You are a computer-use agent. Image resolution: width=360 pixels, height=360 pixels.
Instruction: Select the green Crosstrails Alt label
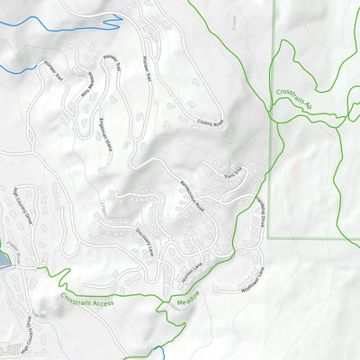click(x=294, y=97)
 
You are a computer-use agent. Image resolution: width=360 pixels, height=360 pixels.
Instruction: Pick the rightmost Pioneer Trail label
click(x=148, y=67)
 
